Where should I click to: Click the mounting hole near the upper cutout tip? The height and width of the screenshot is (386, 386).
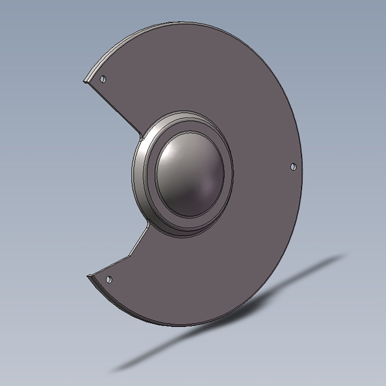coord(103,79)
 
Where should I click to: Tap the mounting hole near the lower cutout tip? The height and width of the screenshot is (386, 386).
coord(109,279)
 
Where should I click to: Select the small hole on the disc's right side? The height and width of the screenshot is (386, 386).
coord(293,167)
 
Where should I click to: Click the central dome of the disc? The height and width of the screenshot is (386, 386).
coord(190,174)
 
